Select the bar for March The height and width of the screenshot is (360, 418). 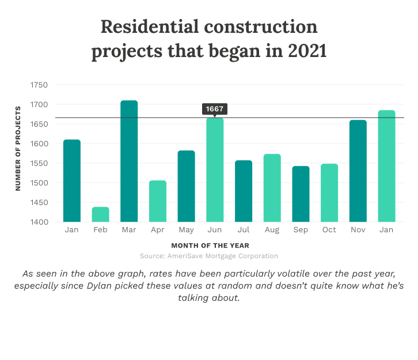pos(129,161)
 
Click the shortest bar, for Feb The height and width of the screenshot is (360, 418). pos(100,214)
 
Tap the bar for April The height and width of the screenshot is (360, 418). pos(158,201)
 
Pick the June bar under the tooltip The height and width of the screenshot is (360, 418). pos(215,170)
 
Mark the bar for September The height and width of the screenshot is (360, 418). pos(301,194)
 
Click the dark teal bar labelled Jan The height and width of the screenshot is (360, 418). pos(72,181)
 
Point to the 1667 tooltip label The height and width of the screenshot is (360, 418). pos(215,109)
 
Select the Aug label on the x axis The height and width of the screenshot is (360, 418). pos(272,230)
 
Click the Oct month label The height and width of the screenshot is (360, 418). pos(329,230)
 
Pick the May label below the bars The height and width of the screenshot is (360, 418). pos(187,230)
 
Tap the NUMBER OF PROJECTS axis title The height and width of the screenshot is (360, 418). pos(18,148)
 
